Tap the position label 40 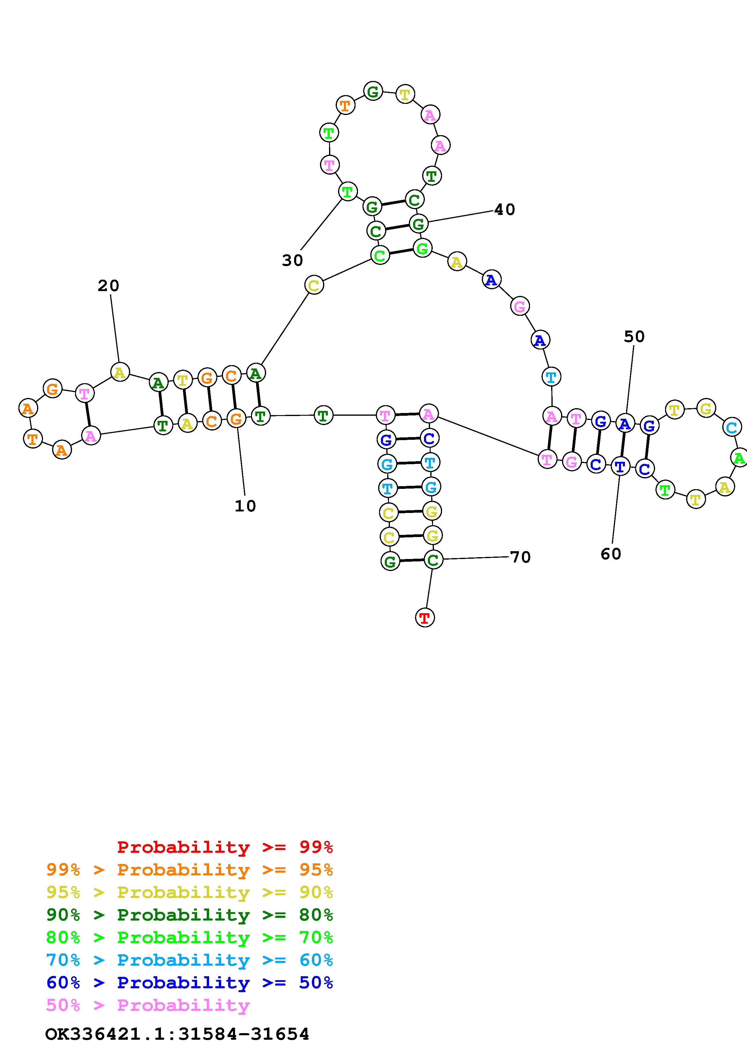click(x=504, y=210)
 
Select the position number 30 click(x=293, y=260)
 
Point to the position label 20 click(x=108, y=286)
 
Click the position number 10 click(x=245, y=506)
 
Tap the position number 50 click(x=634, y=337)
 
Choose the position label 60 click(x=611, y=554)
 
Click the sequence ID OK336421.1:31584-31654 click(x=177, y=1034)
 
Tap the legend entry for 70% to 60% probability click(x=190, y=960)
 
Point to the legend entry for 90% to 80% click(x=190, y=915)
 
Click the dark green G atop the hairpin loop click(x=373, y=91)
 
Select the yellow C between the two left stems click(x=314, y=285)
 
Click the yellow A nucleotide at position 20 click(x=120, y=372)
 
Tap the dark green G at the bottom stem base click(x=390, y=561)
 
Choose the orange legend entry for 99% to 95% click(x=190, y=870)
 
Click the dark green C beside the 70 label click(x=433, y=560)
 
